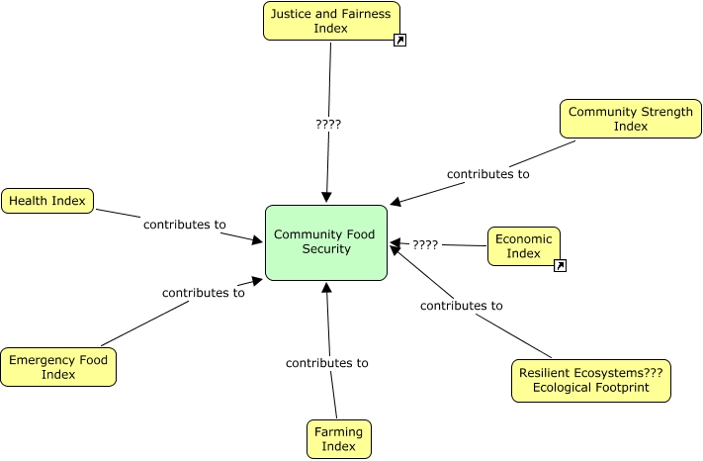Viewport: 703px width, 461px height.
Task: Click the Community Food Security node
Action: pos(326,242)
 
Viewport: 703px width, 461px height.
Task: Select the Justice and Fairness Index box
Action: pos(330,21)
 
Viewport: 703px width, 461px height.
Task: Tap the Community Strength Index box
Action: pos(630,119)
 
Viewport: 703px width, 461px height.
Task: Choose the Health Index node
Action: pos(47,202)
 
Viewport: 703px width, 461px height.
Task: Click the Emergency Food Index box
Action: pos(58,366)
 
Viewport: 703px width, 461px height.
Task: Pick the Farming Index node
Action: pos(338,439)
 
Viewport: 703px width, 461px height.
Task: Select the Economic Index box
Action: pos(523,246)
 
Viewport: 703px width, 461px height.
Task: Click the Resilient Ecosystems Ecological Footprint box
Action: pos(590,380)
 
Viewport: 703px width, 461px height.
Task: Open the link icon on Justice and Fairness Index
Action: pos(400,41)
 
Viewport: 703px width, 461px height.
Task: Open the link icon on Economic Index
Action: pos(560,265)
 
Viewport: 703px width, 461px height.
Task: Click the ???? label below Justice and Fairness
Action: pos(328,125)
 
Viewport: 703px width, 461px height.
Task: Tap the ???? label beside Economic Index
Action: pos(425,244)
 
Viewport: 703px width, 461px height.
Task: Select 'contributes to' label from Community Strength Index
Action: pos(487,174)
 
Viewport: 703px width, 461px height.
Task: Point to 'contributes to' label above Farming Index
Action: pos(326,363)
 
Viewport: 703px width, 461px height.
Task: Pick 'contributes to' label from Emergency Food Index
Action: pos(203,293)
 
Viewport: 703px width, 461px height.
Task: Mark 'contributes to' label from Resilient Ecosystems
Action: pos(461,306)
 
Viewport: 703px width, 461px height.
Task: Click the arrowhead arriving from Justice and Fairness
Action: pos(326,198)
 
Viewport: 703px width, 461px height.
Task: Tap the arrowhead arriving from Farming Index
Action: pos(326,288)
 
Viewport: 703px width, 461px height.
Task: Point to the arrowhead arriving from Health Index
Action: pos(257,239)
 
